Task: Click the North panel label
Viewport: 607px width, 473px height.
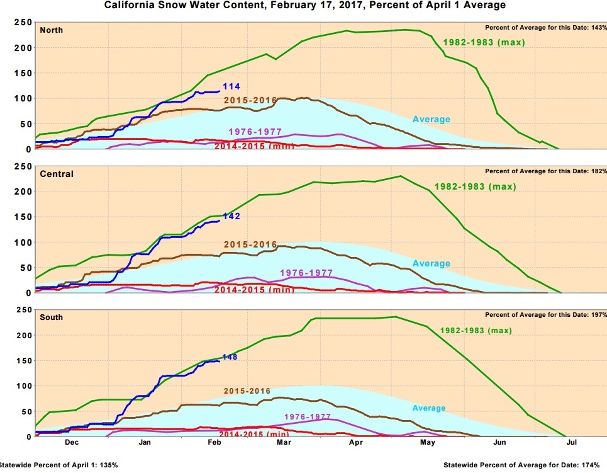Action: tap(51, 30)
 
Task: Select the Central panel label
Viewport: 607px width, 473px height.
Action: tap(57, 174)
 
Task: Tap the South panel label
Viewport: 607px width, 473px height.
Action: tap(51, 317)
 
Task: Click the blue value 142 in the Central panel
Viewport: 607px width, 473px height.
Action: tap(231, 216)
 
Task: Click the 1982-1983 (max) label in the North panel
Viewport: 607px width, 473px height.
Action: tap(484, 43)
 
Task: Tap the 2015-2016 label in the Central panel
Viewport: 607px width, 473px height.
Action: tap(250, 244)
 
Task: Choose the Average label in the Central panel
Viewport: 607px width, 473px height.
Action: tap(432, 264)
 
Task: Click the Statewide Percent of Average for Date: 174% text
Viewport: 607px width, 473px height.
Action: tap(524, 465)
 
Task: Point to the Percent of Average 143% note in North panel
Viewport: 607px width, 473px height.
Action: tap(545, 28)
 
